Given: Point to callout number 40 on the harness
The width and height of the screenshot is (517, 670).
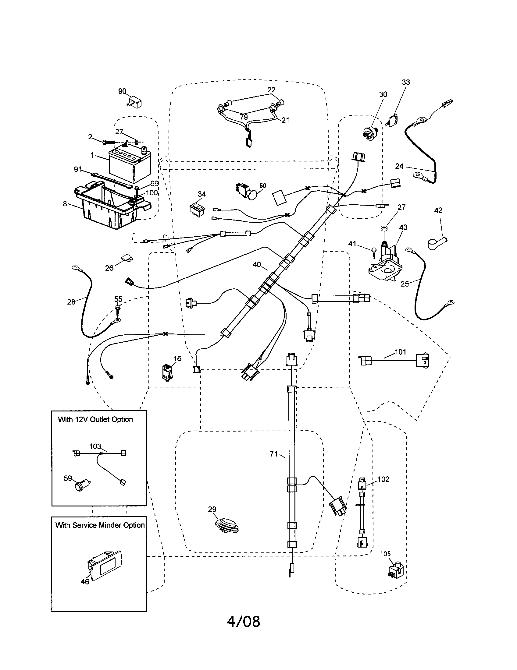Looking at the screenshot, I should (x=257, y=264).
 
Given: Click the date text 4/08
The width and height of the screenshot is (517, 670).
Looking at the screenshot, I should (x=243, y=630).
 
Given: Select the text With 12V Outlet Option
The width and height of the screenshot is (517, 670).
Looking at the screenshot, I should (x=95, y=419).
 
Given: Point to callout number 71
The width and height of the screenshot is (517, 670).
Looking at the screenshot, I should (x=273, y=454).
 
